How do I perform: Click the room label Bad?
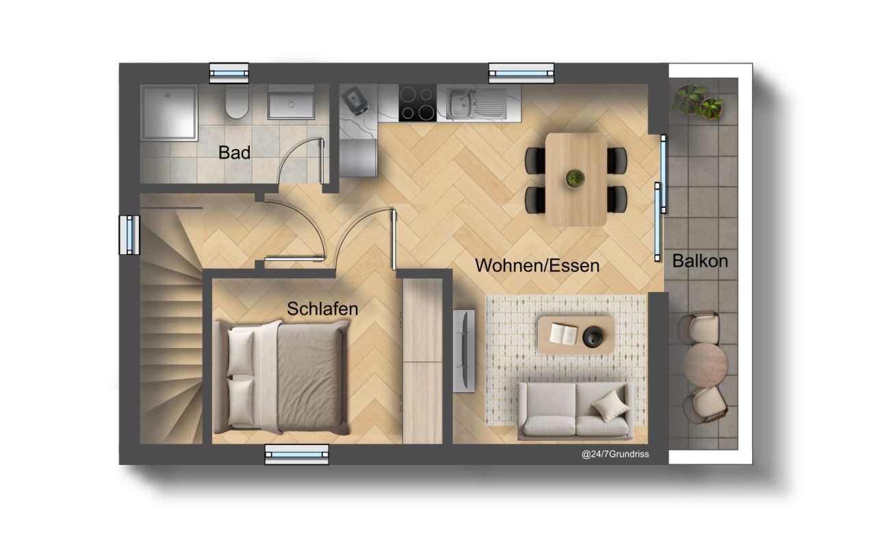(234, 152)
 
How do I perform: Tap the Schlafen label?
(322, 308)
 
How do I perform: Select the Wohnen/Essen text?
(537, 265)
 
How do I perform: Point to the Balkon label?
(699, 261)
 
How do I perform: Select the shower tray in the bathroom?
(169, 113)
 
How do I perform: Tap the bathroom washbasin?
(291, 103)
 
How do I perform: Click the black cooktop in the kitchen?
(417, 103)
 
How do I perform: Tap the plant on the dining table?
(575, 178)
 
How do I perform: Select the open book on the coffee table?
(564, 334)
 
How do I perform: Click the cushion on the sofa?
(610, 408)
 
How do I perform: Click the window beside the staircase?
(129, 235)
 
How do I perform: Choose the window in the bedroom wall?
(296, 454)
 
